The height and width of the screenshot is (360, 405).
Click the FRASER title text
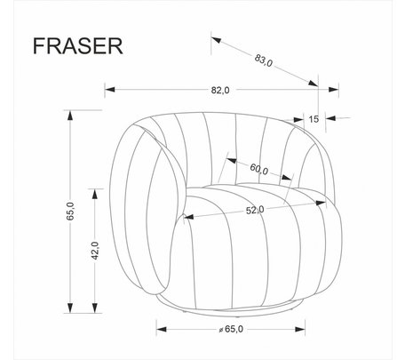coord(77,46)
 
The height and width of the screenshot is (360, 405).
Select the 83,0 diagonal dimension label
coord(264,60)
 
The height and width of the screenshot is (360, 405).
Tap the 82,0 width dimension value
coord(220,90)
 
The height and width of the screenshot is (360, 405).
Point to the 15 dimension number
coord(314,119)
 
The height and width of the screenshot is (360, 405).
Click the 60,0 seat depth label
coord(259,169)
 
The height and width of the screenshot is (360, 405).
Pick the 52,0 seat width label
coord(255,210)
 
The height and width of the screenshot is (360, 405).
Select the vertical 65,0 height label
coord(70,212)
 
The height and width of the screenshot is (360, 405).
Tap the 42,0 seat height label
coord(95,251)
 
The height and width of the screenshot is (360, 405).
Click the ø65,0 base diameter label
coord(231,329)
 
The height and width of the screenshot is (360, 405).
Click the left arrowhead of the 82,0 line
coord(109,89)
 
